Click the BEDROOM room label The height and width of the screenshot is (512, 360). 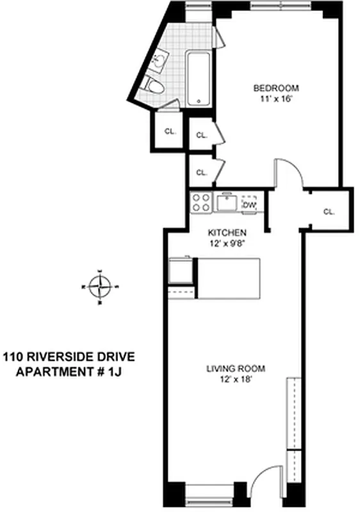click(x=276, y=88)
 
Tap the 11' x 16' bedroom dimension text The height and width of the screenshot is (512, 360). click(x=276, y=99)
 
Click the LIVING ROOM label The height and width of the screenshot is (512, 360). click(x=235, y=369)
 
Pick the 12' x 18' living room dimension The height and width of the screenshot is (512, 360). click(x=235, y=380)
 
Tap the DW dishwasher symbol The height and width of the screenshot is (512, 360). click(x=250, y=205)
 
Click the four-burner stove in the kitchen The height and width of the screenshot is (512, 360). click(x=201, y=203)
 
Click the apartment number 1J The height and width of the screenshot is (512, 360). click(x=113, y=372)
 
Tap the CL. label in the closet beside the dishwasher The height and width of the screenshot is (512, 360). click(x=329, y=212)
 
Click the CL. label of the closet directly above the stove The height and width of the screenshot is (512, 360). click(x=201, y=172)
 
